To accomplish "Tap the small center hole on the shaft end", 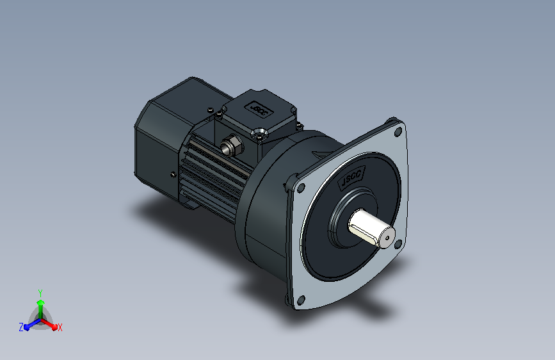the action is click(387, 238).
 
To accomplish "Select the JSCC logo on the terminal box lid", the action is click(259, 109).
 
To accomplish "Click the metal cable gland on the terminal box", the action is click(231, 145).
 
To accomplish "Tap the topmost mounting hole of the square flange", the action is click(398, 132).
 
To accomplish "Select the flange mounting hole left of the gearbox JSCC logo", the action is click(301, 188).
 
